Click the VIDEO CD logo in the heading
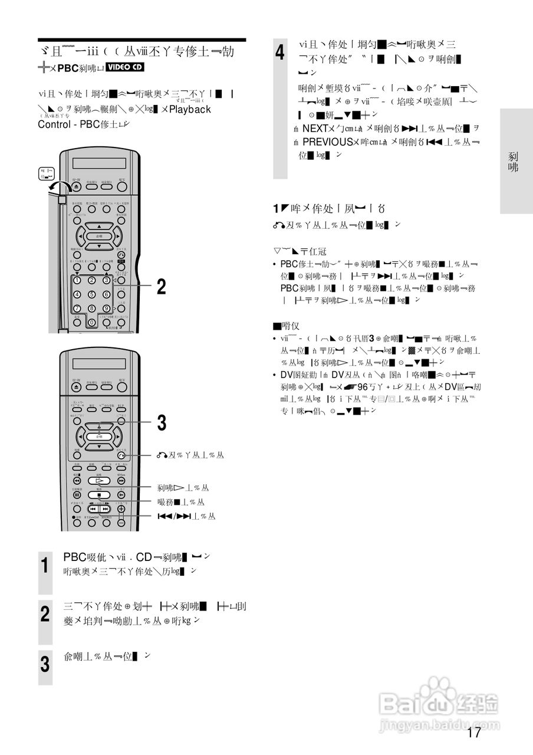coord(126,67)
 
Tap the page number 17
coord(473,733)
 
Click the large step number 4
coord(280,52)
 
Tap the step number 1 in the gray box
coord(45,566)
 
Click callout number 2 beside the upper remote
coord(161,287)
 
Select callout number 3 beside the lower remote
coord(161,423)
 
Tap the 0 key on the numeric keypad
coord(91,322)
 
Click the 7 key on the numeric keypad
coord(77,308)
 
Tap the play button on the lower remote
coord(99,481)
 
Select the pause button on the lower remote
coord(77,494)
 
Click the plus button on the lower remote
coord(121,508)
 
